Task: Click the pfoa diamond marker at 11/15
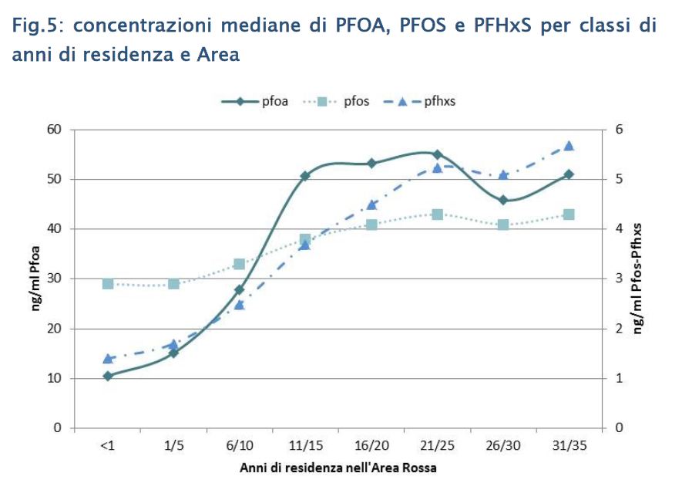coord(305,176)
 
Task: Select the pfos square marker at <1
coord(108,284)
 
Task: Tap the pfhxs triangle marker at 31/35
coord(569,146)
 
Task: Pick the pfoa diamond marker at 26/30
coord(503,200)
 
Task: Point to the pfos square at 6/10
coord(239,264)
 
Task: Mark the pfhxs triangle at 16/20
coord(371,204)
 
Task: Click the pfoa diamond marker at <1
coord(108,376)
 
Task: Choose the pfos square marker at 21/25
coord(437,214)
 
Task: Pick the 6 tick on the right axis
coord(616,130)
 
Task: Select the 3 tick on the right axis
coord(616,279)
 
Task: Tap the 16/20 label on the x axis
coord(371,446)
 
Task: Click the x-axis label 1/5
coord(173,446)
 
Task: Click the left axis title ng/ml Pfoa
coord(35,279)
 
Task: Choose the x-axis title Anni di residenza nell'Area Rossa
coord(338,468)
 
